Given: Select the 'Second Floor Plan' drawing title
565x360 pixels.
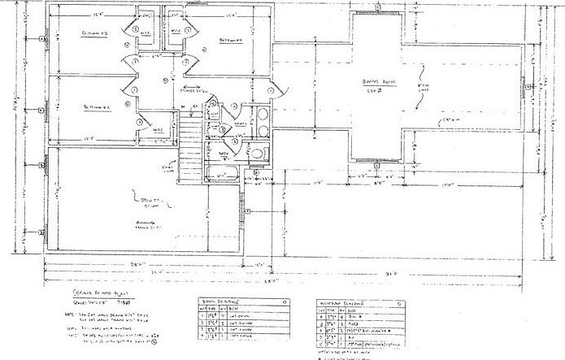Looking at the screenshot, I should pyautogui.click(x=89, y=289).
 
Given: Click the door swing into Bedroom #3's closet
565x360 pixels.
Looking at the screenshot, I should pyautogui.click(x=129, y=27).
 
